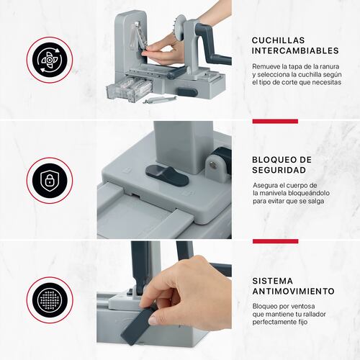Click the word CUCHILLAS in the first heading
point(278,40)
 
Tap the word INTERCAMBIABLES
point(295,50)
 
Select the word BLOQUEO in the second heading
point(274,160)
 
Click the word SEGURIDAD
point(279,170)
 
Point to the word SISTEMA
point(273,281)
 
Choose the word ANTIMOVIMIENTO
point(294,291)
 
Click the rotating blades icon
point(50,60)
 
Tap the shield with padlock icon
point(50,181)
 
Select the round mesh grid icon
point(50,300)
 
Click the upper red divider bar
point(275,121)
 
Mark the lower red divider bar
point(275,241)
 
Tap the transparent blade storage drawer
point(130,89)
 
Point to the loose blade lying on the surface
point(160,99)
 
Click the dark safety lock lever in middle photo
point(167,175)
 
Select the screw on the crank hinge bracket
point(212,163)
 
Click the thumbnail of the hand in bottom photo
point(153,320)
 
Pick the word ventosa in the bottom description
point(302,306)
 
